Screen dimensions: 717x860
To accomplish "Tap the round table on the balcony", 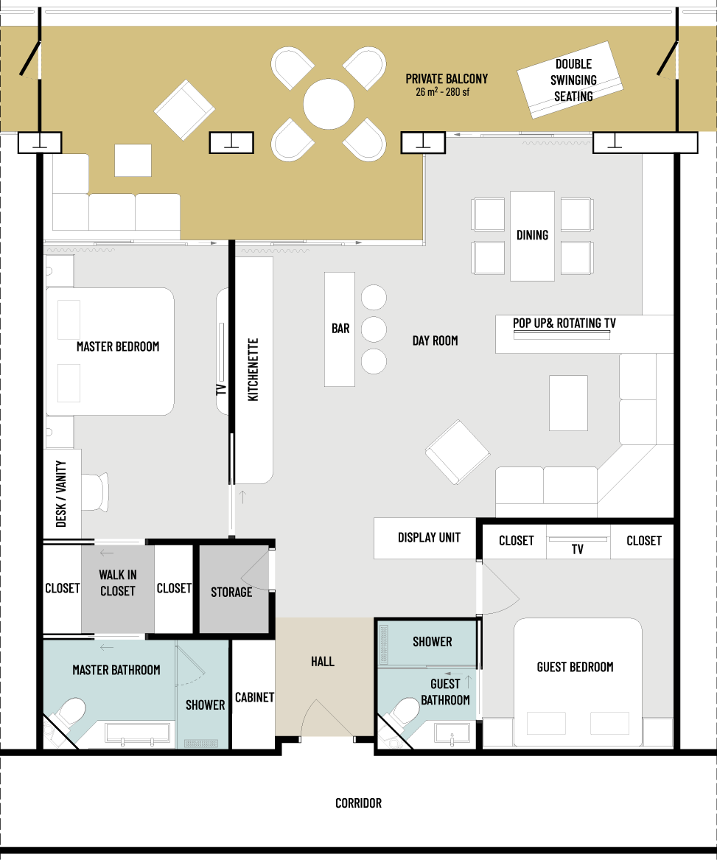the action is pos(329,104).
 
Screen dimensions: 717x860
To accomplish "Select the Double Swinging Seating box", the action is pos(570,80).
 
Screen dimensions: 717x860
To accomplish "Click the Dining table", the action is pos(532,236).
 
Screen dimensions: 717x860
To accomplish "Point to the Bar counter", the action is pos(340,329).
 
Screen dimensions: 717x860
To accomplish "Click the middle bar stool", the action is pos(374,329).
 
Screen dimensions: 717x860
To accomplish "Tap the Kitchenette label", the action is pos(253,370).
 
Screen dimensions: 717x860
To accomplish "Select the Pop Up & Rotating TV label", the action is pos(564,323).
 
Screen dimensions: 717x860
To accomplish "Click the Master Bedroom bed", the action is pos(110,352).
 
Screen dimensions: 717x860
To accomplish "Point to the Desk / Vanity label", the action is pos(61,494).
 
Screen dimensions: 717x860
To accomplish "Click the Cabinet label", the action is pos(254,697).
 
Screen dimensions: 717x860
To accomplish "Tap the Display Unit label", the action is pos(429,537).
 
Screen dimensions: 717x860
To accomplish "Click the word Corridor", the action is pos(358,803).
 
